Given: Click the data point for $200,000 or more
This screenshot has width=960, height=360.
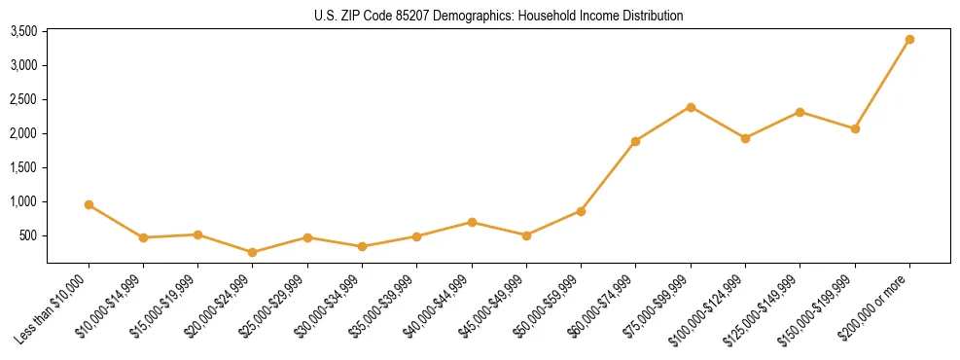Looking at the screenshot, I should pyautogui.click(x=909, y=40).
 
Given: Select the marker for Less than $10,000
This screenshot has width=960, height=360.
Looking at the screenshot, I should pyautogui.click(x=89, y=205).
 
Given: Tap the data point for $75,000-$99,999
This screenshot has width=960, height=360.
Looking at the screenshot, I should pyautogui.click(x=691, y=107).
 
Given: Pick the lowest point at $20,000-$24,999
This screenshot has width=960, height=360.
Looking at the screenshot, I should pyautogui.click(x=253, y=252).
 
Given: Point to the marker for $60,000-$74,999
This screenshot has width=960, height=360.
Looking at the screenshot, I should pyautogui.click(x=635, y=141).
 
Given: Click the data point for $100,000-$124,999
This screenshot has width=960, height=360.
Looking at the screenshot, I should pyautogui.click(x=745, y=138).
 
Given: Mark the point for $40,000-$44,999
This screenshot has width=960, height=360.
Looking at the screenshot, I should pyautogui.click(x=472, y=223).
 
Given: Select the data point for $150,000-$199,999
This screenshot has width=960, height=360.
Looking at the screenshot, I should pyautogui.click(x=855, y=128).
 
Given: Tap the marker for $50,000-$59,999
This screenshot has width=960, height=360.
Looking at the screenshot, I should pyautogui.click(x=581, y=211).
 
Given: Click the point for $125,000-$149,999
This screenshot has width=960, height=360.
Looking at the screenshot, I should pyautogui.click(x=800, y=112).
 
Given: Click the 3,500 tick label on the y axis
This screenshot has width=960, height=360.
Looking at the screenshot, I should pyautogui.click(x=23, y=31).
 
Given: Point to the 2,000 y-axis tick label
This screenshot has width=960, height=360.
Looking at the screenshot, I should pyautogui.click(x=23, y=133).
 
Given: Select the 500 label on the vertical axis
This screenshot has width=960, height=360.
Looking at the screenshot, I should pyautogui.click(x=28, y=235).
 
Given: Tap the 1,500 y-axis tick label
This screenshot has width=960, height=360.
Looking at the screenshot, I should pyautogui.click(x=23, y=167).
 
